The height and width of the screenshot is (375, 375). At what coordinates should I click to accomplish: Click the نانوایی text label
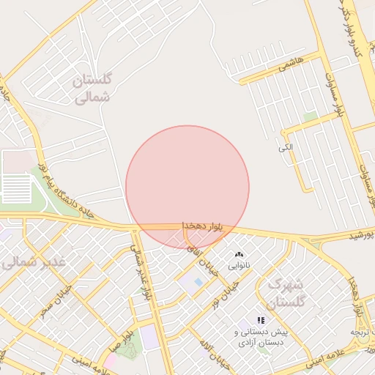[240, 266]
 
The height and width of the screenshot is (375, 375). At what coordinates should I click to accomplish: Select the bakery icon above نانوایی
[239, 254]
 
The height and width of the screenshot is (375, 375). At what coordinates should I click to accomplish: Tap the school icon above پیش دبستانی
[261, 320]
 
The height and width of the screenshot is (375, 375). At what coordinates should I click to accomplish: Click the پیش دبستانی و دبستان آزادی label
[261, 337]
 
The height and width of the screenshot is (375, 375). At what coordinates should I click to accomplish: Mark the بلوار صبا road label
[119, 341]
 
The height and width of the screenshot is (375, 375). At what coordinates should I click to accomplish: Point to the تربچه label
[362, 332]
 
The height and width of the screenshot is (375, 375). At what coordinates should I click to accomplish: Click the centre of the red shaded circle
[187, 187]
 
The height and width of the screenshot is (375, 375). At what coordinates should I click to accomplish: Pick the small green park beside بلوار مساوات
[311, 116]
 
